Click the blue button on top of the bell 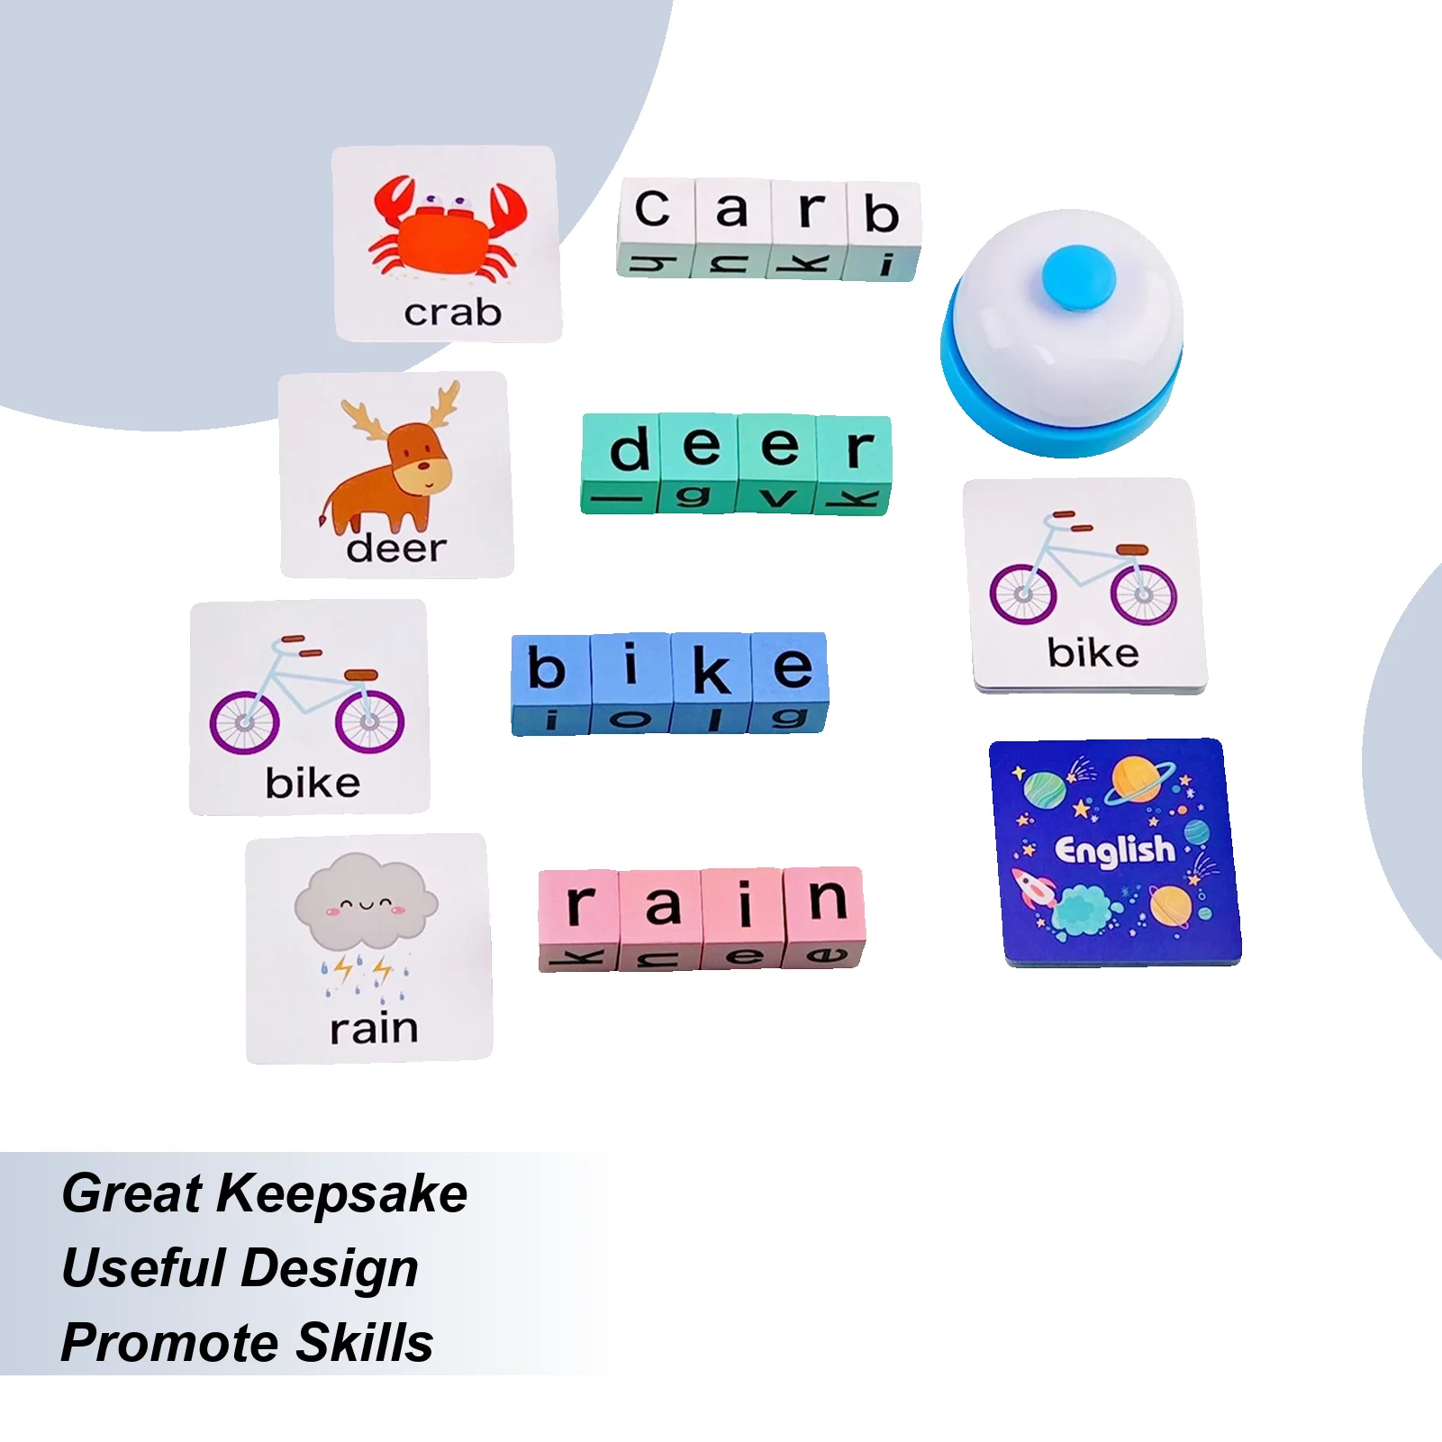click(x=1078, y=278)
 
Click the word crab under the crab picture click(x=452, y=313)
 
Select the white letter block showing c click(x=655, y=228)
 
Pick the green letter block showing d click(x=621, y=463)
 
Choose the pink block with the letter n click(x=825, y=916)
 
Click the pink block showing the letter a click(x=661, y=920)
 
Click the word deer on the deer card click(x=396, y=548)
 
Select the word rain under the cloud click(x=374, y=1028)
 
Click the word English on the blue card click(x=1115, y=850)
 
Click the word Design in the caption click(x=330, y=1270)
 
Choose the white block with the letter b click(x=883, y=231)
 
